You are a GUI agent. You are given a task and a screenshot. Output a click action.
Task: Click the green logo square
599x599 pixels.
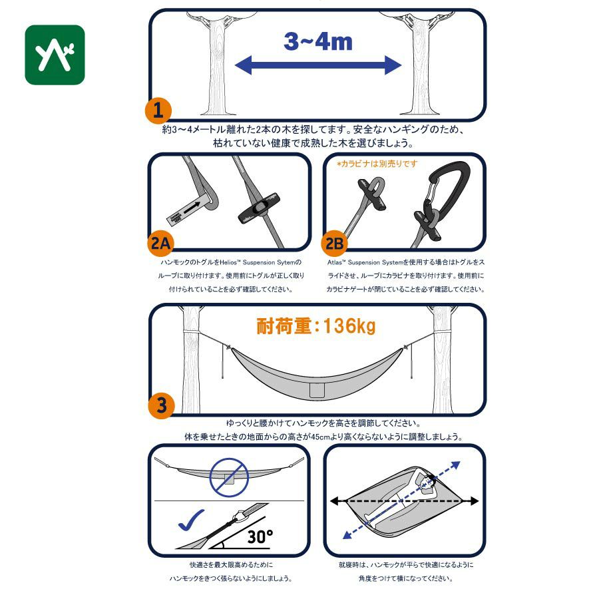(x=55, y=55)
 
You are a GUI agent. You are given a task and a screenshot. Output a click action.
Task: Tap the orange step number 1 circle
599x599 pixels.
(x=158, y=110)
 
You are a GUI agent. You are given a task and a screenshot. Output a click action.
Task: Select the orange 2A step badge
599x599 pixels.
(x=160, y=244)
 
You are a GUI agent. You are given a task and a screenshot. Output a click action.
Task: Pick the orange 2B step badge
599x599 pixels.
(x=335, y=244)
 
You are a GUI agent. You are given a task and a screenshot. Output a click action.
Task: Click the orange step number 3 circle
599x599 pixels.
(x=162, y=405)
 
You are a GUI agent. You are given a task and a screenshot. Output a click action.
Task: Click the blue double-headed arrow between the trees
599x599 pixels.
(x=318, y=65)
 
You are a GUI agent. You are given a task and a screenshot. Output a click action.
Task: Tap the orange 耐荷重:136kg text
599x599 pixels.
(x=316, y=326)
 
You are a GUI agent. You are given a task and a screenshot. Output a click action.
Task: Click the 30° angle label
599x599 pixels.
(x=260, y=536)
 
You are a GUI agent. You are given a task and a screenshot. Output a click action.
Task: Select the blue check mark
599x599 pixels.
(x=191, y=520)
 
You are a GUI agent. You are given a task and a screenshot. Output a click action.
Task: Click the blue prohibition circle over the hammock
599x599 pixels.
(x=229, y=477)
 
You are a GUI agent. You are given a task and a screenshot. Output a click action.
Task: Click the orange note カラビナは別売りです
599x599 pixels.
(x=377, y=164)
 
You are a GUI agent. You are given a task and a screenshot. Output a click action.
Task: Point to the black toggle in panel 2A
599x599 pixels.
(x=259, y=208)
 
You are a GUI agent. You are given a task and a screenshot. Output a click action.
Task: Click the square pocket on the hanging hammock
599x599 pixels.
(x=317, y=390)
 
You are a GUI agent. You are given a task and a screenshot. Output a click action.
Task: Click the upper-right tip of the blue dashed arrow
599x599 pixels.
(x=459, y=463)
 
